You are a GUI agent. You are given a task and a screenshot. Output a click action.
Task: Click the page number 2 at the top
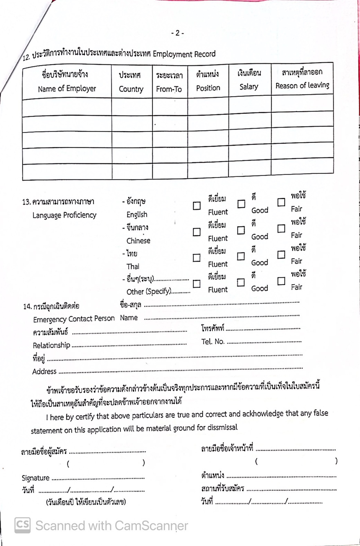pyautogui.click(x=177, y=33)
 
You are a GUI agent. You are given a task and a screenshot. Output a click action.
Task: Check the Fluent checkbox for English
pyautogui.click(x=197, y=206)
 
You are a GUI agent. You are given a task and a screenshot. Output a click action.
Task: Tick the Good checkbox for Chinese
pyautogui.click(x=241, y=230)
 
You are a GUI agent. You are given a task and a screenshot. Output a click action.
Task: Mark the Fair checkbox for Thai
pyautogui.click(x=281, y=255)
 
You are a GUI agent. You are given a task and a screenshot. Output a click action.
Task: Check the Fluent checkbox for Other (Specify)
pyautogui.click(x=197, y=284)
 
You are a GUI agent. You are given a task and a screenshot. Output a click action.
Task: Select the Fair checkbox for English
pyautogui.click(x=281, y=202)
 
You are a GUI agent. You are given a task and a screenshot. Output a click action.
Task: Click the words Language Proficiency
pyautogui.click(x=64, y=215)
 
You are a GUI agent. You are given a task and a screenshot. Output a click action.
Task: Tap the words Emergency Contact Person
pyautogui.click(x=74, y=319)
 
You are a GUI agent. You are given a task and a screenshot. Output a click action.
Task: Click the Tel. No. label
pyautogui.click(x=213, y=342)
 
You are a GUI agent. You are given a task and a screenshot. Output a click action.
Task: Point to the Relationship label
pyautogui.click(x=51, y=345)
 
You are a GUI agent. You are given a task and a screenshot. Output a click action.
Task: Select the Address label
pyautogui.click(x=44, y=372)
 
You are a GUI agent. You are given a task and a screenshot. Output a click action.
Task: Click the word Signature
pyautogui.click(x=36, y=478)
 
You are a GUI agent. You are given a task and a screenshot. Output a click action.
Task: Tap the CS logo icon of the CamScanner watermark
pyautogui.click(x=22, y=525)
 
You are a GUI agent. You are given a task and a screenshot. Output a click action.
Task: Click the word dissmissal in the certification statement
pyautogui.click(x=222, y=428)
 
